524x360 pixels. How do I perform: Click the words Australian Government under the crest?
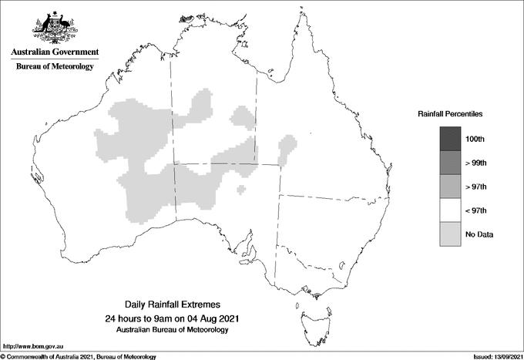click(55, 52)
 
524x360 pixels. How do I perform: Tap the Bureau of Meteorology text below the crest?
click(55, 67)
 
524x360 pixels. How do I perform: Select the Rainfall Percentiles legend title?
click(450, 114)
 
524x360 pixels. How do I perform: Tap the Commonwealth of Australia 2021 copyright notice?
click(79, 356)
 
